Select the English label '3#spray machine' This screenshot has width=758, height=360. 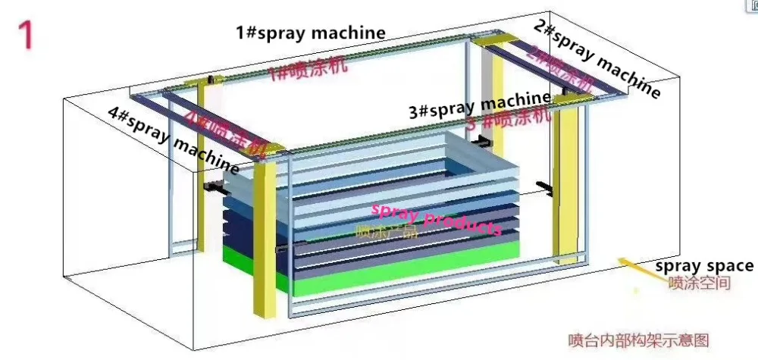(x=479, y=105)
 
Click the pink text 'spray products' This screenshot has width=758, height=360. (x=435, y=218)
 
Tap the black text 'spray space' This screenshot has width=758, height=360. (x=704, y=266)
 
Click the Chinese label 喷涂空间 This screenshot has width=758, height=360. (x=699, y=284)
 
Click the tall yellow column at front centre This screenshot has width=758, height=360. (x=265, y=235)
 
